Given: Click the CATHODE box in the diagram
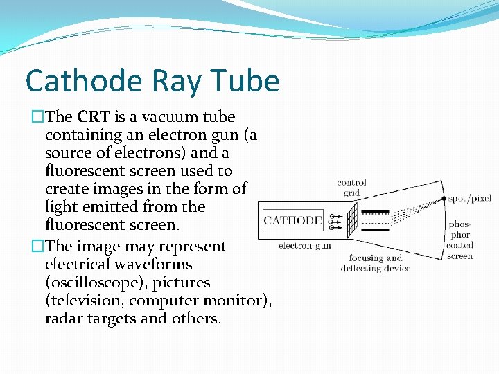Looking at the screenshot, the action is [x=292, y=221].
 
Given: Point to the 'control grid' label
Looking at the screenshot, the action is [x=352, y=187].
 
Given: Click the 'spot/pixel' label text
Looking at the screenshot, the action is [x=469, y=199].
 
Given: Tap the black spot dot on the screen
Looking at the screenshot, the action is [x=444, y=199].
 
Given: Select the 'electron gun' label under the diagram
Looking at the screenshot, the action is [x=305, y=245].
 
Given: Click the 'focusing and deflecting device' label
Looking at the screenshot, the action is [x=375, y=263].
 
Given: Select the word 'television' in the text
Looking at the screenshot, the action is [x=84, y=301].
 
